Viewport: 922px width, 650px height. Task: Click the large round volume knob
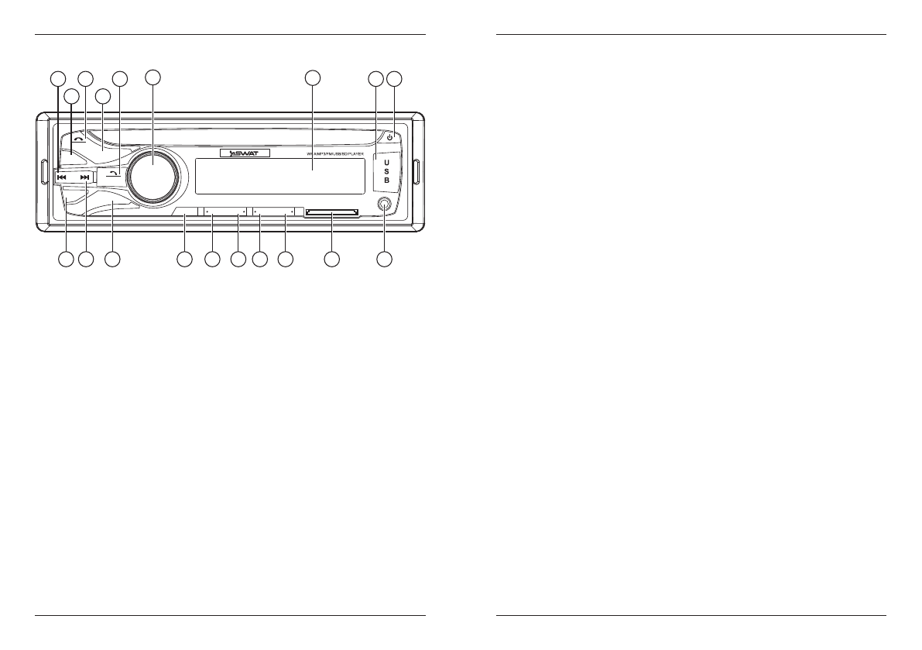point(153,172)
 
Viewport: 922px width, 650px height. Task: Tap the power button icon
point(390,137)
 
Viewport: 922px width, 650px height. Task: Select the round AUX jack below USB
point(385,205)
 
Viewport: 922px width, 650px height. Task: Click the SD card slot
point(332,212)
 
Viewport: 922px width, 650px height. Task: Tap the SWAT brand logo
point(244,153)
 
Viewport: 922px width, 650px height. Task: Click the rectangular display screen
point(279,176)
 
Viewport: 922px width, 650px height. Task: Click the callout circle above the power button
point(395,78)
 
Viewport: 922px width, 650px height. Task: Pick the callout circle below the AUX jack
point(385,260)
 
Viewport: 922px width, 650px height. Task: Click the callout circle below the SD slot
point(332,260)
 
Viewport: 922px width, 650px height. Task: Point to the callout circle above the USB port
point(375,78)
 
